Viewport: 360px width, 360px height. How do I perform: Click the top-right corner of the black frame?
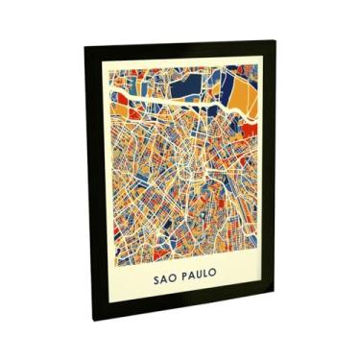coord(274,40)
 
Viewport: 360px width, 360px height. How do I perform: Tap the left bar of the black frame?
coord(95,182)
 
